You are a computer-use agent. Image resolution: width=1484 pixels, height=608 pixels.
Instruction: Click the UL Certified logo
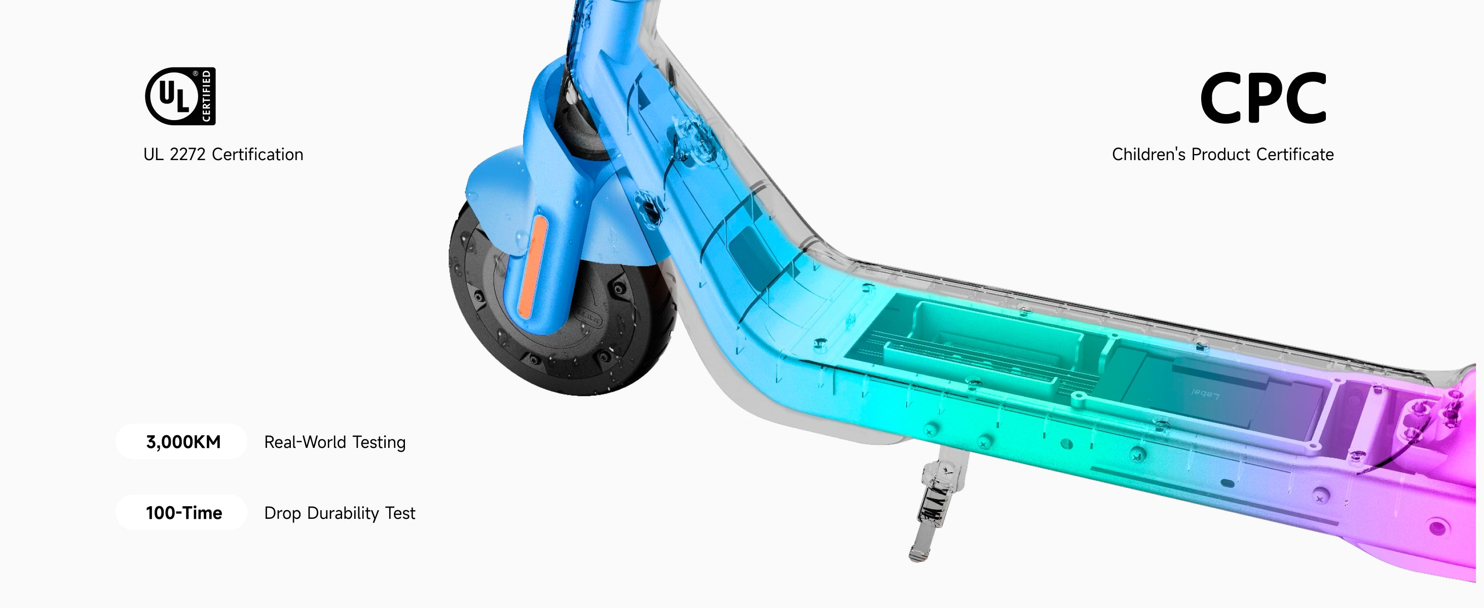point(180,96)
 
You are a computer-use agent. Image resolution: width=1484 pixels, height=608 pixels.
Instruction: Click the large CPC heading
point(1264,98)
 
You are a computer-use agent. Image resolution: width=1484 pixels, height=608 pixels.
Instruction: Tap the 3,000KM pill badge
point(181,442)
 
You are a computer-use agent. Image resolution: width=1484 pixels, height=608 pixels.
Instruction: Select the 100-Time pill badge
point(181,512)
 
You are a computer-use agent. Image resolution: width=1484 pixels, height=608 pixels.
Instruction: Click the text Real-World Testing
point(335,442)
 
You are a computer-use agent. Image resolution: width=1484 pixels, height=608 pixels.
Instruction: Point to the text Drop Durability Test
point(339,513)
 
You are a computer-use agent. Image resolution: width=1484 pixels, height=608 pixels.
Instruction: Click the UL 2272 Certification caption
point(223,155)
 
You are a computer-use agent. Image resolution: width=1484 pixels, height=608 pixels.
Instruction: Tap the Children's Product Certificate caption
point(1222,155)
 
